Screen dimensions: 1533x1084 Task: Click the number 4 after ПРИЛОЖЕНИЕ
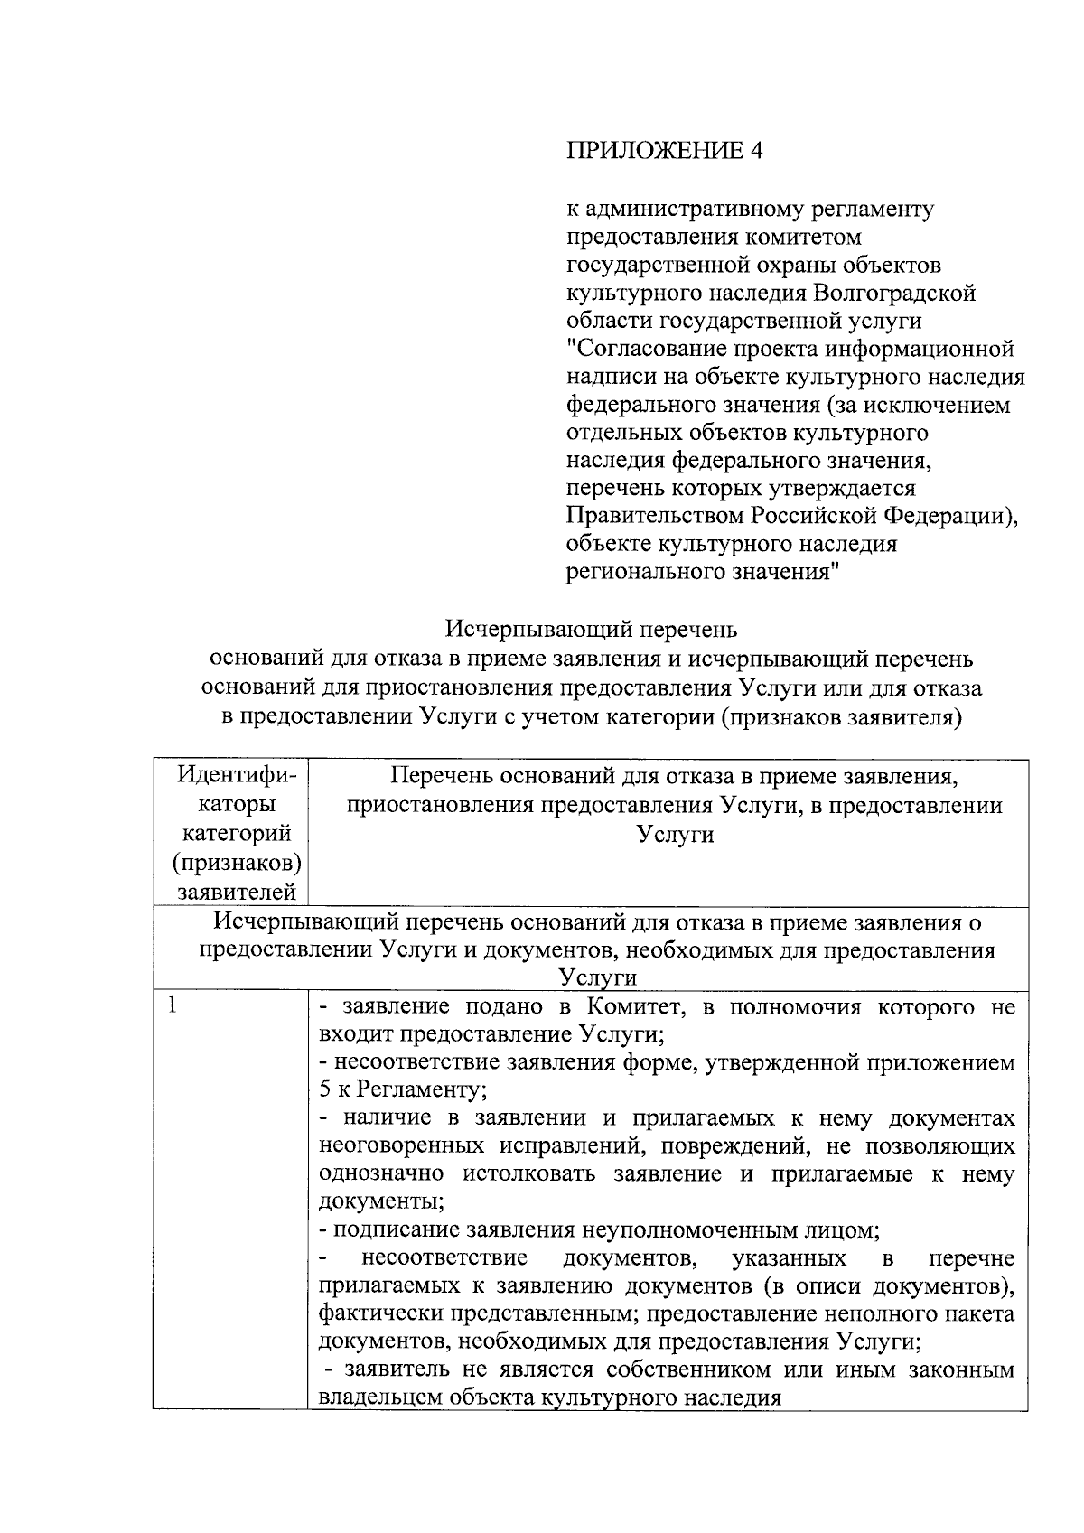pyautogui.click(x=756, y=150)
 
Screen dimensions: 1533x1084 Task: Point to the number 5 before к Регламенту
pyautogui.click(x=326, y=1091)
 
